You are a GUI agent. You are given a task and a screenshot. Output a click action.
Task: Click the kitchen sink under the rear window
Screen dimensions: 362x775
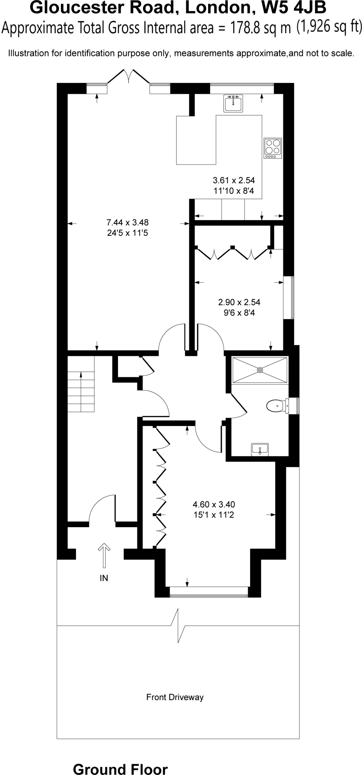click(x=233, y=103)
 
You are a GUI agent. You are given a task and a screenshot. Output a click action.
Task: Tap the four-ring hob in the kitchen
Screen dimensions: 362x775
click(x=273, y=148)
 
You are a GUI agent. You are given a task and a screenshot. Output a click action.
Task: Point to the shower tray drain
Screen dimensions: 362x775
click(x=260, y=370)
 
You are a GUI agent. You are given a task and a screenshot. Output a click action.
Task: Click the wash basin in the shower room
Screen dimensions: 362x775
click(x=260, y=450)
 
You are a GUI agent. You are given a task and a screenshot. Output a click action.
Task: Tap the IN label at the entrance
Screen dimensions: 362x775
click(x=104, y=578)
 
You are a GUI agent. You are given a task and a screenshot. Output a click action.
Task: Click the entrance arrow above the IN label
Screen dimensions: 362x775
click(x=104, y=555)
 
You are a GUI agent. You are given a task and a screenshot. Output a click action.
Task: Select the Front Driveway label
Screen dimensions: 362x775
click(x=175, y=697)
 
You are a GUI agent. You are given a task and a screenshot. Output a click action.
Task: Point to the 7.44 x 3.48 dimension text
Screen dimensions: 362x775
click(x=127, y=223)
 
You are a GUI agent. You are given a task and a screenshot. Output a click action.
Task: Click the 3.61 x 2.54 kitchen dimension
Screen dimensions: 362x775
click(x=234, y=181)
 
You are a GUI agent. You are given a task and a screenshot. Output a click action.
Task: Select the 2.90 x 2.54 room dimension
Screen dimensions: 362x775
click(x=239, y=302)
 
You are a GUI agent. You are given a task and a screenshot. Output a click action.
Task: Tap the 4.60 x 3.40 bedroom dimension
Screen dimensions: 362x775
click(x=214, y=504)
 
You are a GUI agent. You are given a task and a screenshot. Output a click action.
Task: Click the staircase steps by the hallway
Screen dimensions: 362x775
click(x=81, y=392)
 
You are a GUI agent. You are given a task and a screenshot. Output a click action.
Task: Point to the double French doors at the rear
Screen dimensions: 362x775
click(x=129, y=76)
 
